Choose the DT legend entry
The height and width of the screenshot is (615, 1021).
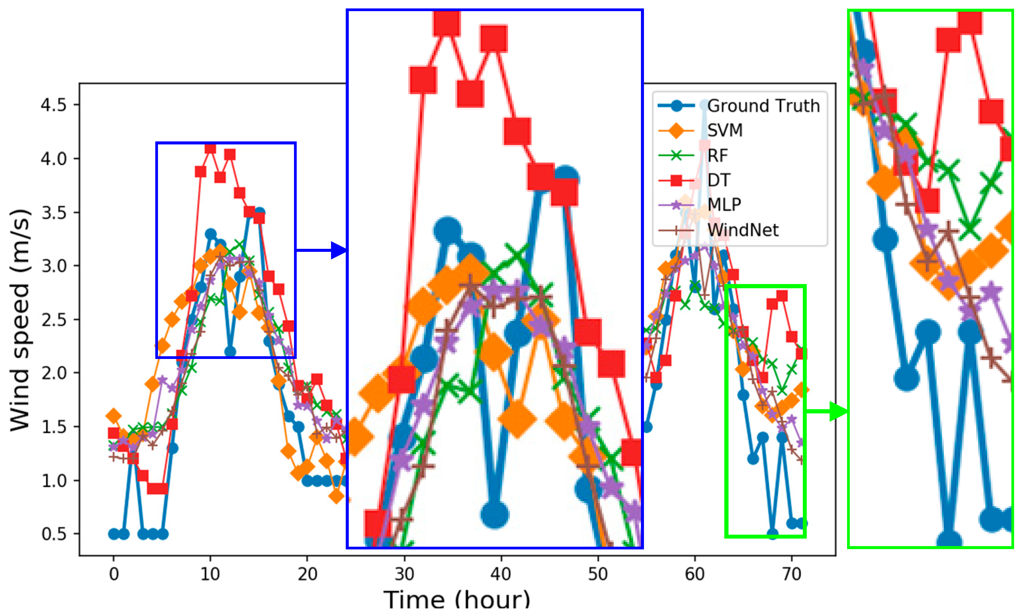point(719,180)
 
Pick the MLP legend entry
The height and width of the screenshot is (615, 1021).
point(724,204)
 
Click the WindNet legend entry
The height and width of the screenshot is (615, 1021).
point(743,230)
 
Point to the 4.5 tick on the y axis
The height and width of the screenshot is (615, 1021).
point(54,105)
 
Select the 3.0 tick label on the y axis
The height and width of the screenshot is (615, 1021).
point(54,266)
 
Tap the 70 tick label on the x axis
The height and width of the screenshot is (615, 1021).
point(791,574)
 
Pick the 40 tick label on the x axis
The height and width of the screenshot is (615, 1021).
point(500,574)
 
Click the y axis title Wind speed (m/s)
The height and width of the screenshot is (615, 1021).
point(20,320)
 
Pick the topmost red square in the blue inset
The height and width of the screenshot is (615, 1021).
point(446,23)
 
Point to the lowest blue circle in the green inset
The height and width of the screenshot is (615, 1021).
point(949,541)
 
